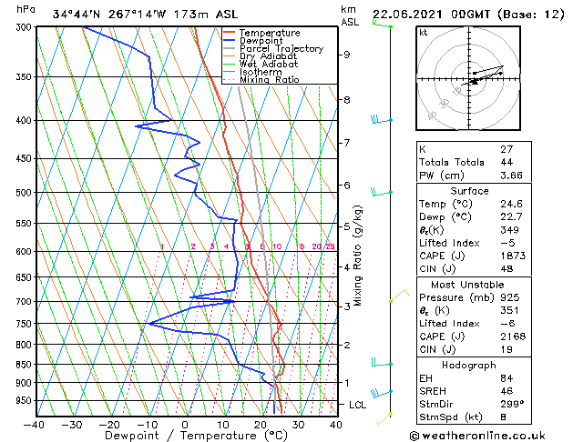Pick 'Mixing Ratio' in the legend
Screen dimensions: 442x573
pos(269,80)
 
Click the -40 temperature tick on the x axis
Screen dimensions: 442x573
pos(35,424)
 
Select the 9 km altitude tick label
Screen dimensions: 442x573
pos(346,55)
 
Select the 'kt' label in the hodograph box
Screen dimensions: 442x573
pos(424,33)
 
